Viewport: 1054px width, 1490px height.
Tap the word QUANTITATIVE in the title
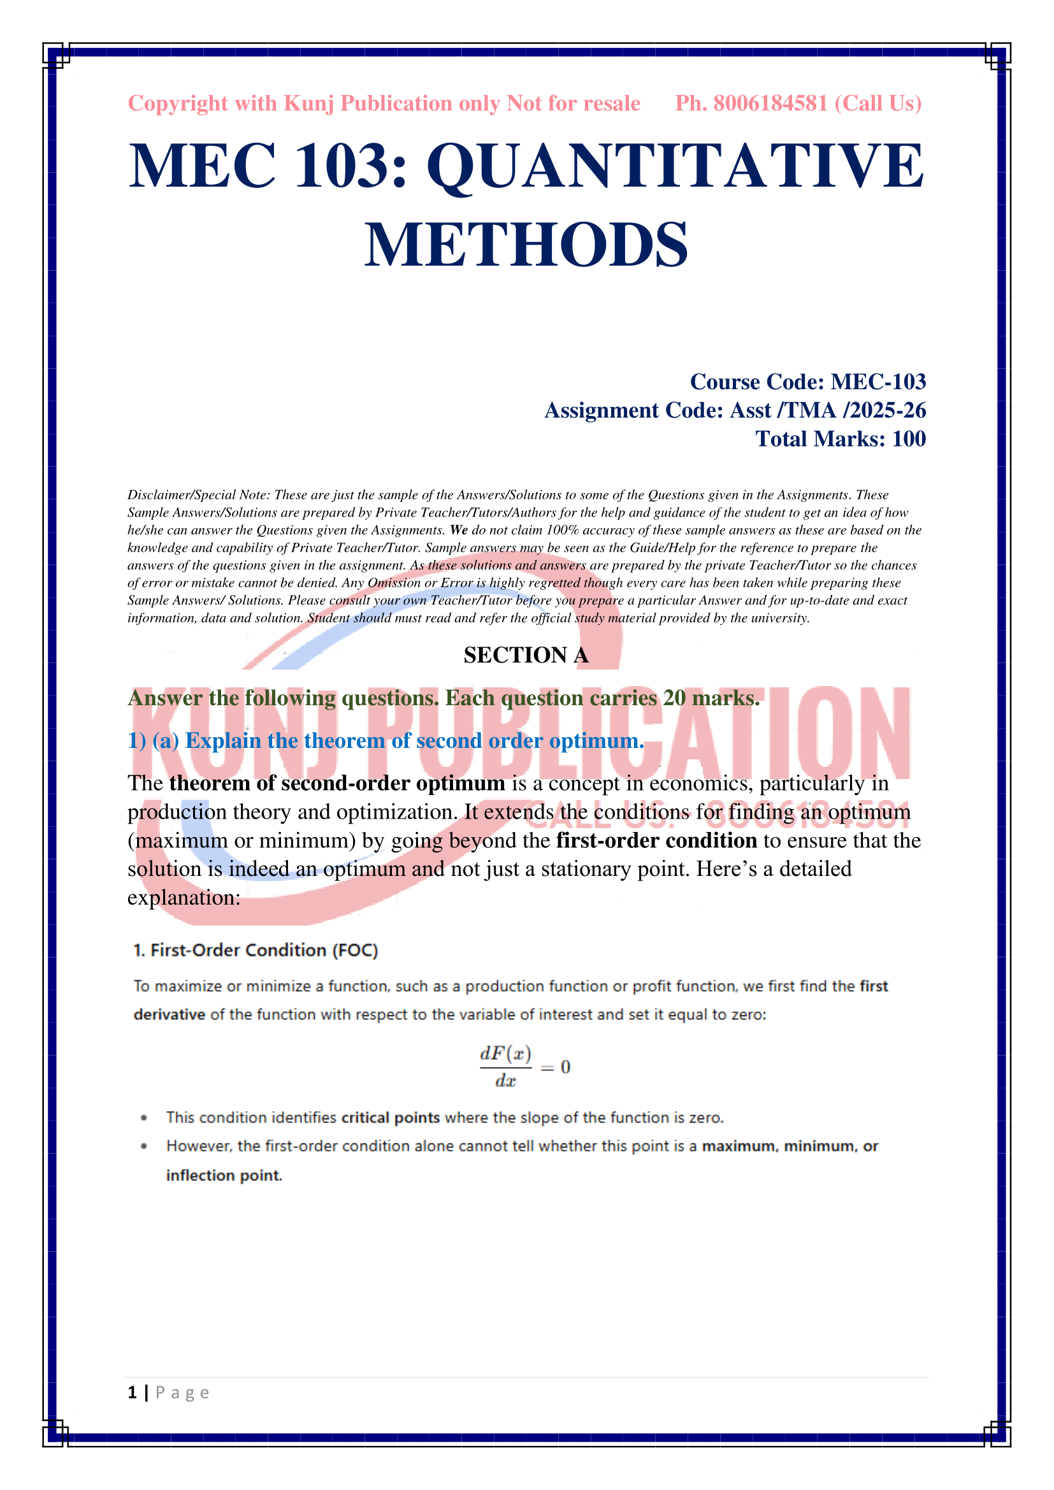[675, 167]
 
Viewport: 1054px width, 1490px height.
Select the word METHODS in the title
[526, 245]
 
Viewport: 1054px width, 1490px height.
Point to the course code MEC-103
[878, 382]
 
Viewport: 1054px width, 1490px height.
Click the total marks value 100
[909, 439]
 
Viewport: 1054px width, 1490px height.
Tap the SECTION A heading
[526, 655]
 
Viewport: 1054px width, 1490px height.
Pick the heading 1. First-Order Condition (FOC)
[256, 950]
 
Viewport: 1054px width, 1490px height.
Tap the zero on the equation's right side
[565, 1067]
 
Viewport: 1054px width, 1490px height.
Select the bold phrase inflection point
[224, 1175]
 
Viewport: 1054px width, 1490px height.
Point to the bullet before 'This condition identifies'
[144, 1118]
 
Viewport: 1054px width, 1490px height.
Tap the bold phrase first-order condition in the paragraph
[656, 840]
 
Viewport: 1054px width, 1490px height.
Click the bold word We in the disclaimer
[459, 530]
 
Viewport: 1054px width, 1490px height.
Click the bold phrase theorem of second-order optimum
[337, 784]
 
